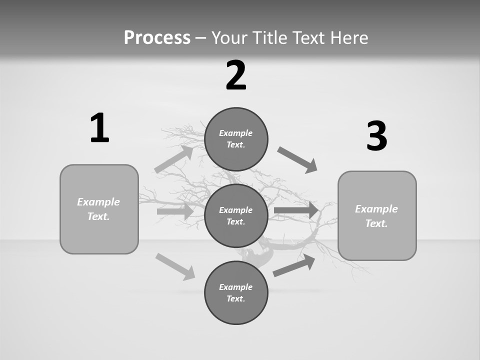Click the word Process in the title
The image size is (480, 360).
[157, 37]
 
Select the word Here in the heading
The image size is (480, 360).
[349, 37]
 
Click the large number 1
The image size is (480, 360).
[99, 128]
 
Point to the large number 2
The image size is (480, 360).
[236, 75]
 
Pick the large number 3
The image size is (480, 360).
[377, 136]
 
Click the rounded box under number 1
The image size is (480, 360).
[99, 209]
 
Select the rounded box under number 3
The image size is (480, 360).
[377, 216]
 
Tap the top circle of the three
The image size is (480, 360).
[236, 139]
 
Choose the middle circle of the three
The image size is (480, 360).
[236, 216]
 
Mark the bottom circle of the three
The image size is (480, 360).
[236, 293]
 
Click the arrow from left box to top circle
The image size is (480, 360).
[174, 159]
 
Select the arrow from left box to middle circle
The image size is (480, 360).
[175, 211]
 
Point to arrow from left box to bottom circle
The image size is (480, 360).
[175, 266]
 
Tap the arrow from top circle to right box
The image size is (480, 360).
[297, 160]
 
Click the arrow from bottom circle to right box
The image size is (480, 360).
[294, 265]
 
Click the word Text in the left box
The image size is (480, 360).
[98, 216]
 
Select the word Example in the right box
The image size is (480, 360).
[376, 209]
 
